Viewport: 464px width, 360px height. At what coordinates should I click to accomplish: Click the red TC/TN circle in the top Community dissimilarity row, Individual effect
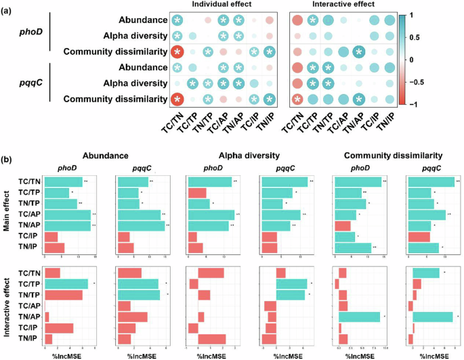tap(177, 52)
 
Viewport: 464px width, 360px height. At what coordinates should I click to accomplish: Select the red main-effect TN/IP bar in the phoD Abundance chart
tap(54, 248)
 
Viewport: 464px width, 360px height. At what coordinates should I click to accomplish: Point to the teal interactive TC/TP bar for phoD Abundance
tap(66, 284)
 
